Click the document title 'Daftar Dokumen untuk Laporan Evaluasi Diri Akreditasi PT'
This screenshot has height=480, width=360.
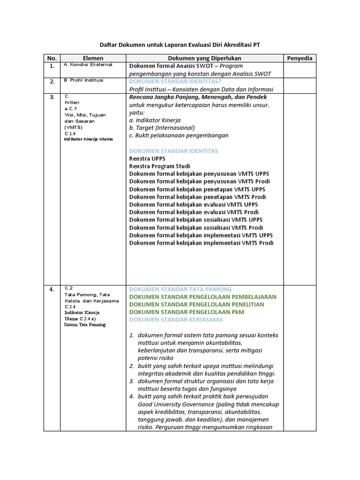pyautogui.click(x=180, y=45)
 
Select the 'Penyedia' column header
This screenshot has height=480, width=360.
pyautogui.click(x=299, y=58)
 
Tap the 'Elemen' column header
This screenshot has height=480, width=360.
pyautogui.click(x=93, y=58)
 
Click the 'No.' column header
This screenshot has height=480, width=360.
pyautogui.click(x=52, y=58)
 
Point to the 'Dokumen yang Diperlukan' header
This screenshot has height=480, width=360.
pyautogui.click(x=204, y=58)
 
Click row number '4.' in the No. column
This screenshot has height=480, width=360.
pyautogui.click(x=52, y=290)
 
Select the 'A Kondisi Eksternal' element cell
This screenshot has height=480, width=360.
pyautogui.click(x=88, y=65)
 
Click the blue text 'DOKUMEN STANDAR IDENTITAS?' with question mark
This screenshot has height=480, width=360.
pyautogui.click(x=169, y=82)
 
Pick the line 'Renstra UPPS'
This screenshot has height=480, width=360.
pyautogui.click(x=147, y=158)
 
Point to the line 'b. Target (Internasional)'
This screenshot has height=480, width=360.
pyautogui.click(x=162, y=127)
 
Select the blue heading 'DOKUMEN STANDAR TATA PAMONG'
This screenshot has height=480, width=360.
pyautogui.click(x=180, y=289)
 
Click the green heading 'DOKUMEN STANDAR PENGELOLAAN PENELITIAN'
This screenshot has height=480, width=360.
pyautogui.click(x=202, y=304)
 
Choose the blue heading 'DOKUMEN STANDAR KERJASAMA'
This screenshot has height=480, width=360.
pyautogui.click(x=176, y=320)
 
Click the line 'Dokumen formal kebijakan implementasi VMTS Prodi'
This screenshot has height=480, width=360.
pyautogui.click(x=202, y=243)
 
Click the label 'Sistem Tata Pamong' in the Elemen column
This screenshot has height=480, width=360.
pyautogui.click(x=85, y=324)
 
